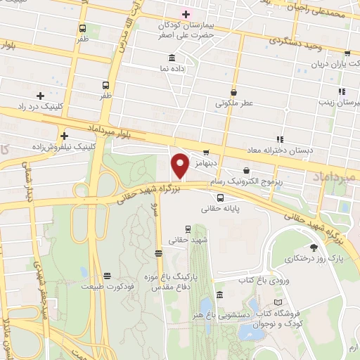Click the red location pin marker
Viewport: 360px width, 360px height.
181,166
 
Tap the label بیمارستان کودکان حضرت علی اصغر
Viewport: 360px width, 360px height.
186,29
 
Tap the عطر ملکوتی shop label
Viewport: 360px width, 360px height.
234,102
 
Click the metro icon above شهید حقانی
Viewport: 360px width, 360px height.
188,229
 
